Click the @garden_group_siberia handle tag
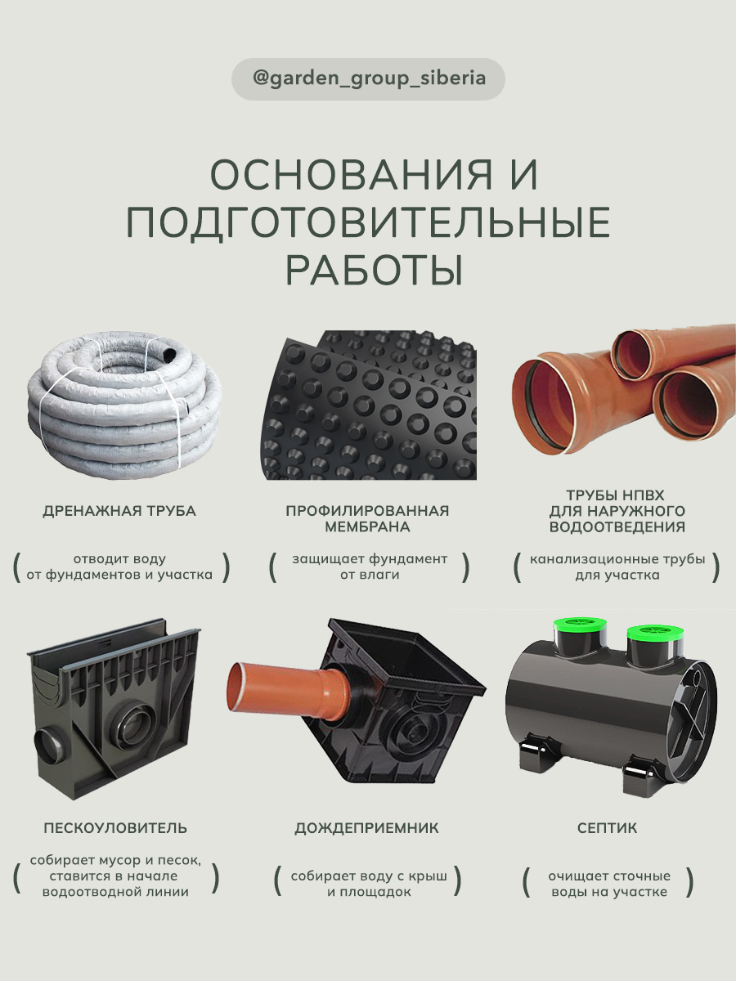click(x=368, y=78)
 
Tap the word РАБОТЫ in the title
click(x=374, y=271)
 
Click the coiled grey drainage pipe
click(x=124, y=404)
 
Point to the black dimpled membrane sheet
click(x=368, y=405)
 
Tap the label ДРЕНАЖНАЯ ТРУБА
click(x=119, y=511)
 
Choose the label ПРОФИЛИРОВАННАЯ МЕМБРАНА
click(x=367, y=518)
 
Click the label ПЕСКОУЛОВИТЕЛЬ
click(x=115, y=828)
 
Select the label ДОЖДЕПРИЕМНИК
click(x=366, y=828)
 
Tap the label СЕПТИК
click(x=607, y=828)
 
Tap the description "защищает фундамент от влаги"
click(x=370, y=567)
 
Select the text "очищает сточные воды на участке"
click(x=609, y=884)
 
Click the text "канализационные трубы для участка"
click(x=617, y=567)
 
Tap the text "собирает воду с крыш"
click(x=369, y=876)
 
